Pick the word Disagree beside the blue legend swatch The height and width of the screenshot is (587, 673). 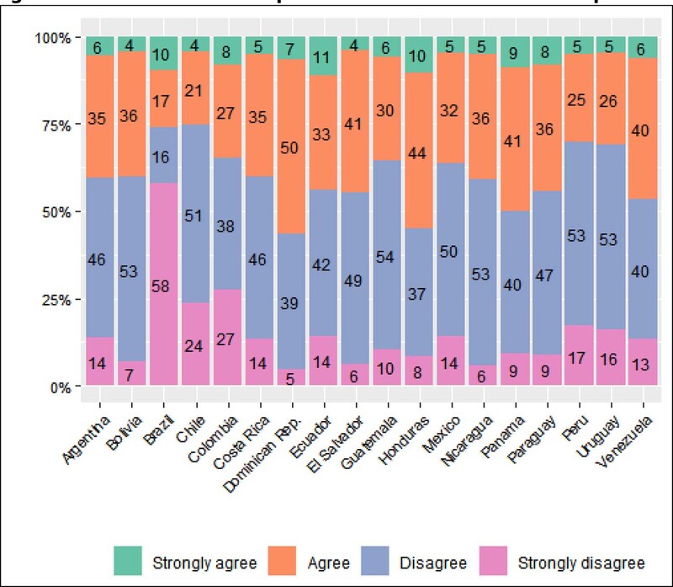(433, 562)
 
